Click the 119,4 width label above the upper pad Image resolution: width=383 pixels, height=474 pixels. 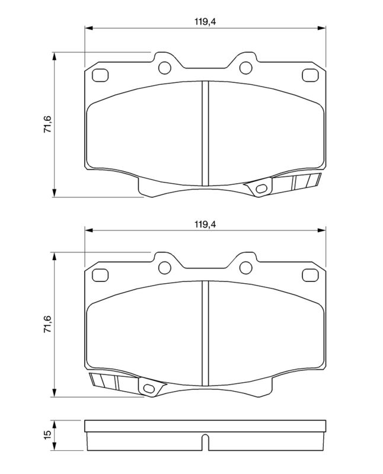(x=204, y=22)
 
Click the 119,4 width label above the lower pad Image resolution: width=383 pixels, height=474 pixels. (x=204, y=224)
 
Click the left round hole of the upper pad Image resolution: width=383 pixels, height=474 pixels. (x=164, y=66)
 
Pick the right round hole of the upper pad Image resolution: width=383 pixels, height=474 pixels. (x=245, y=66)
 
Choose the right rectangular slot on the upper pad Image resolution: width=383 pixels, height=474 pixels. (x=309, y=75)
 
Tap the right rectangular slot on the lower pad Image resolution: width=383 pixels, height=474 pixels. (x=309, y=276)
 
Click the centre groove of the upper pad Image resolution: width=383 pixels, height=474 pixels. (x=205, y=133)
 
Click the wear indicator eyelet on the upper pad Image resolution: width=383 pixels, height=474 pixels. (x=260, y=189)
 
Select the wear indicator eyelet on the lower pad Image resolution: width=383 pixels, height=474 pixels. (x=149, y=389)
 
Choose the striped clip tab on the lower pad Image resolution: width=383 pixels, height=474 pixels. (x=107, y=382)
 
